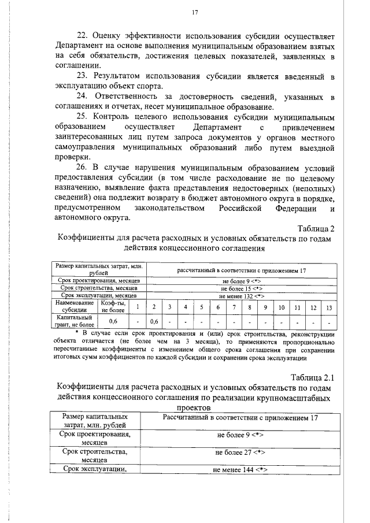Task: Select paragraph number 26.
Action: [84, 166]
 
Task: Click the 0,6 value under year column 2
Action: [154, 322]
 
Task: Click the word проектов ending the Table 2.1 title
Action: [194, 407]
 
